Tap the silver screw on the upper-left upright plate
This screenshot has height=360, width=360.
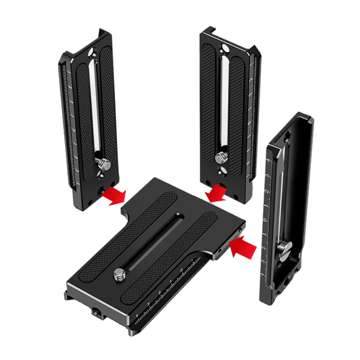pos(103,165)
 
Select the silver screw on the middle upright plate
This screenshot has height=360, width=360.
pos(220,157)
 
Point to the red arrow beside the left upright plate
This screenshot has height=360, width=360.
pos(113,196)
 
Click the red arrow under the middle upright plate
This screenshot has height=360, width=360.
pos(215,193)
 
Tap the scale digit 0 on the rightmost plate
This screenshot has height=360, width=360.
pos(265,220)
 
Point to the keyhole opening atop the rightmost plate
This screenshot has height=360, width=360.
pos(287,134)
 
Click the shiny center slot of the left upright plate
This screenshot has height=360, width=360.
pos(96,108)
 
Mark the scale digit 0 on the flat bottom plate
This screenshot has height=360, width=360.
pos(181,270)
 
